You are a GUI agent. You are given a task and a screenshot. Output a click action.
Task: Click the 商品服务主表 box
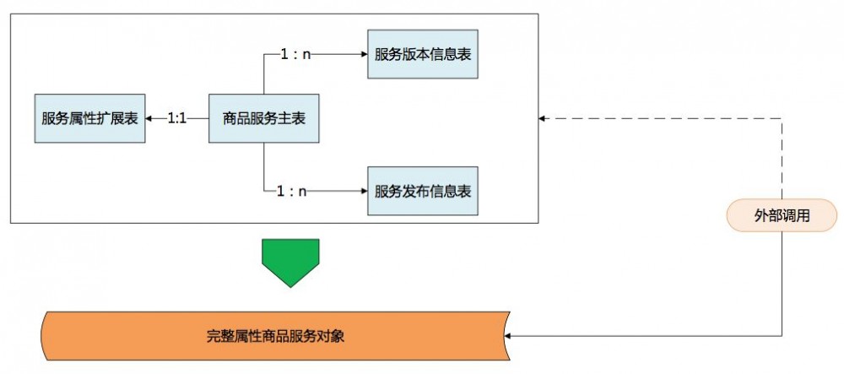click(264, 118)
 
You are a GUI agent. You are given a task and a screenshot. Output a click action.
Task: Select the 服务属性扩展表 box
click(89, 118)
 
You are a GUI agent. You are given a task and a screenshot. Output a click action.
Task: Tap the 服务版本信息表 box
click(423, 54)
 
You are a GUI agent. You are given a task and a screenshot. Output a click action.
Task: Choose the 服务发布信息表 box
click(423, 191)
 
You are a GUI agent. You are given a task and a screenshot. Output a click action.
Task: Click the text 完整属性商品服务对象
click(276, 336)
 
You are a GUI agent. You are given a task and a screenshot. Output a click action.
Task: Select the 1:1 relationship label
click(177, 118)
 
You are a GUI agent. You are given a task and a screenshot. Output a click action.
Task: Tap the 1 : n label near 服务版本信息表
click(295, 54)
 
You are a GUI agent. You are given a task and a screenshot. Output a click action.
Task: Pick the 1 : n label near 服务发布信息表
click(292, 191)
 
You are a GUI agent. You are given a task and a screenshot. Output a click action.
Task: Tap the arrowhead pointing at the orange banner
click(510, 336)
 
